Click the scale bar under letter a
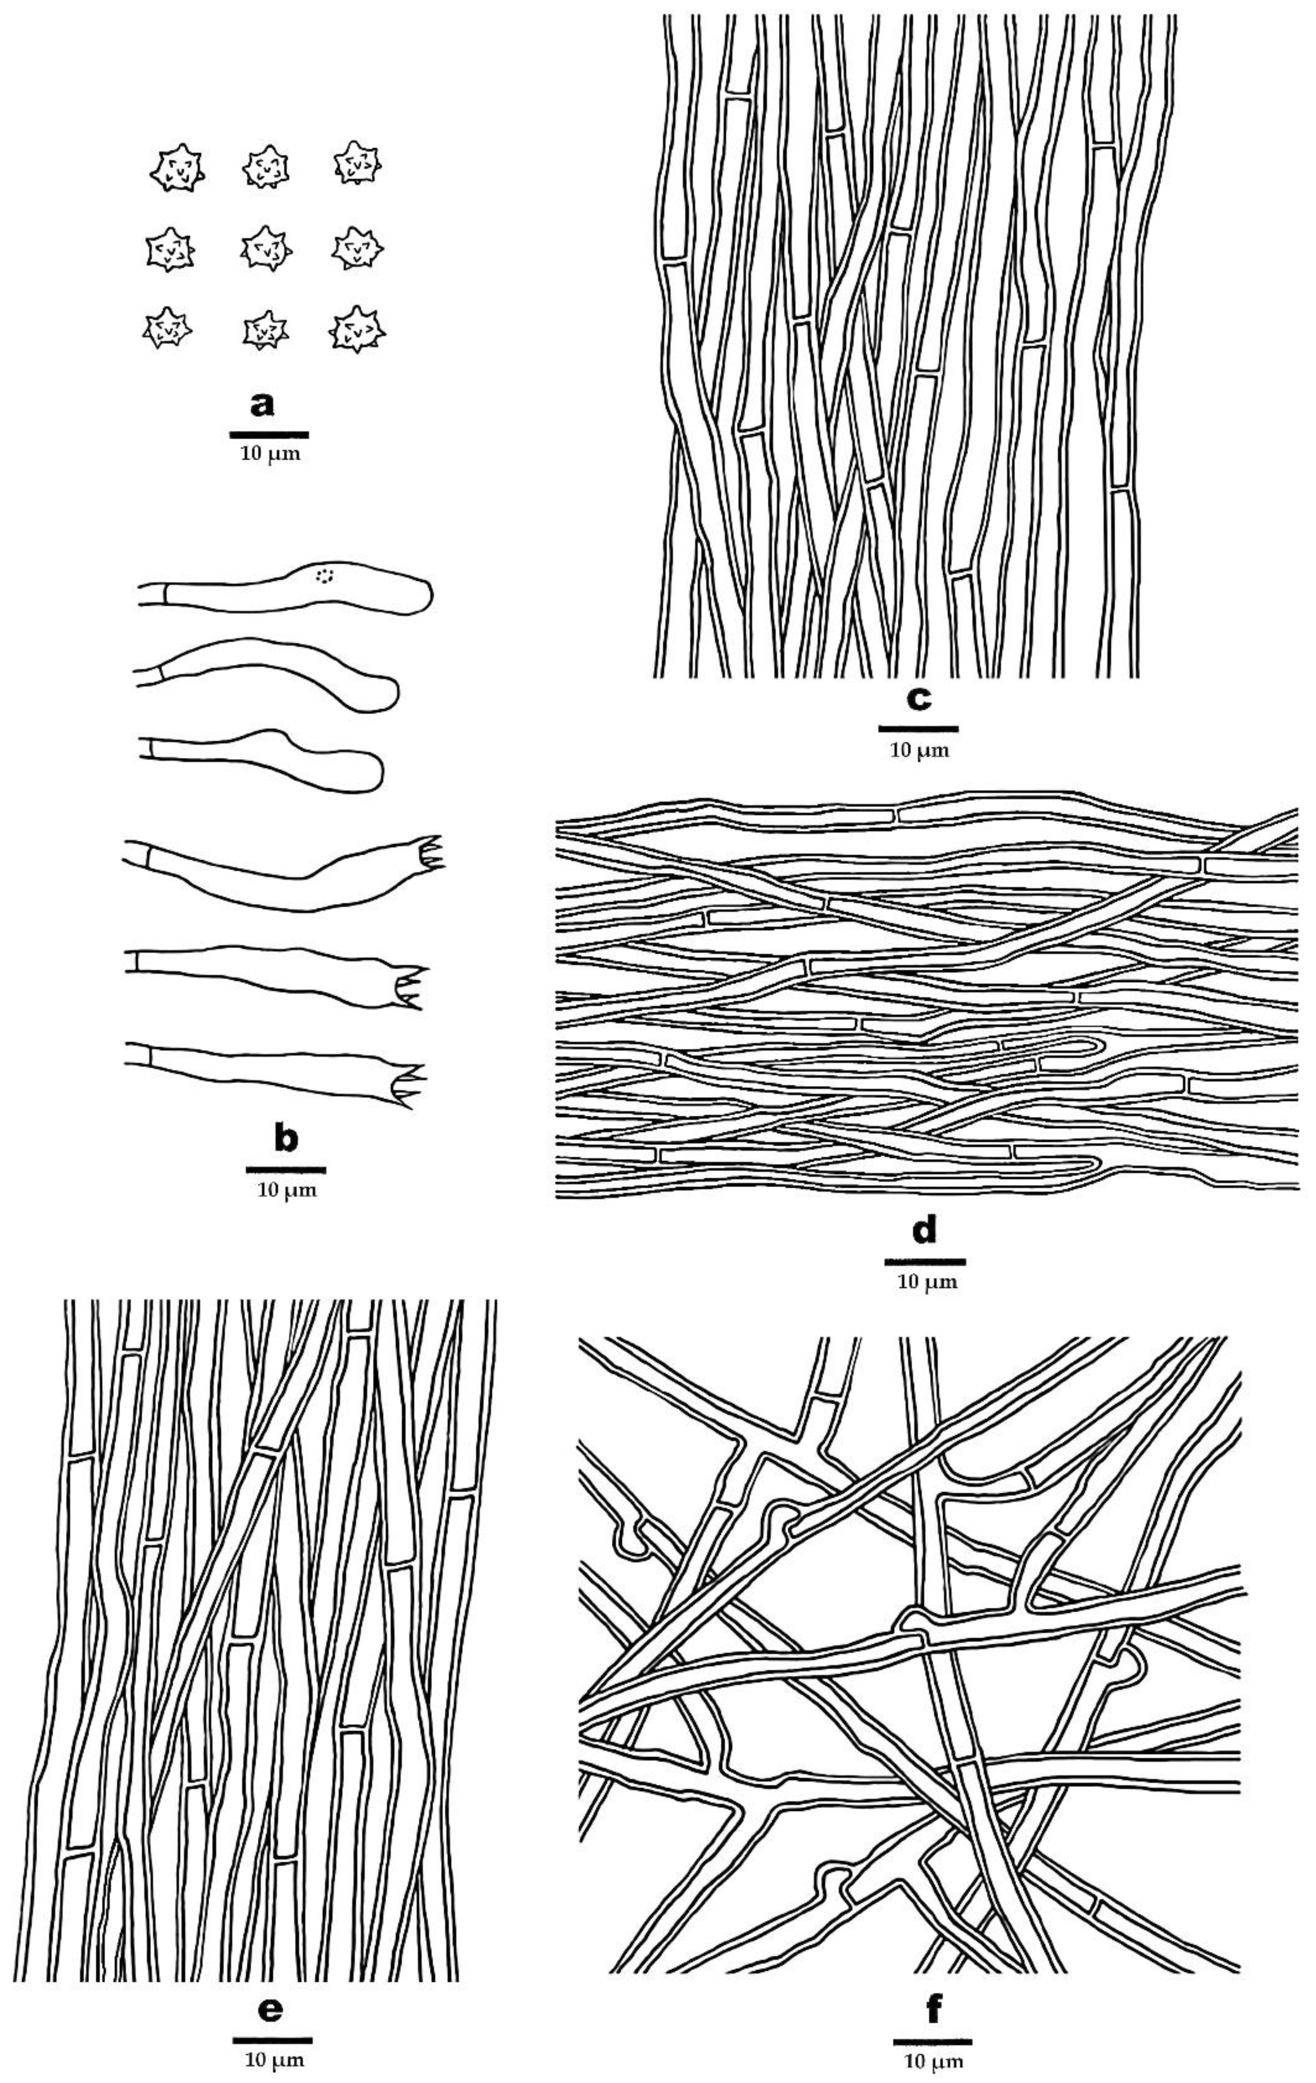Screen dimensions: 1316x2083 (x=269, y=434)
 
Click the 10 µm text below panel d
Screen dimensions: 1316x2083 (x=926, y=1282)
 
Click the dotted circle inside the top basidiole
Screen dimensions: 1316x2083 (x=325, y=575)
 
